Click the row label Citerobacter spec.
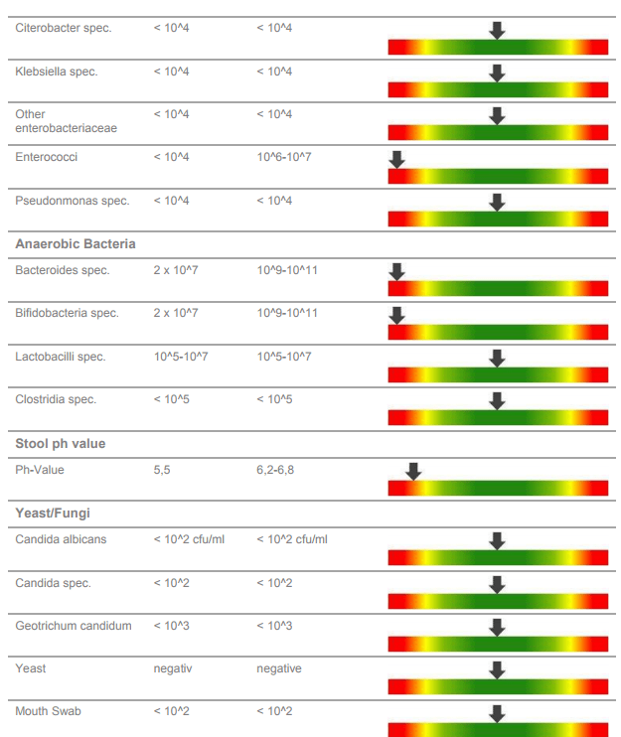(x=63, y=28)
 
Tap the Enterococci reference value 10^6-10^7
(x=283, y=157)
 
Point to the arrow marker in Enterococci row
(x=396, y=159)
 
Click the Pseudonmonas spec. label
(x=72, y=201)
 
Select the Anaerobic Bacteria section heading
(x=76, y=243)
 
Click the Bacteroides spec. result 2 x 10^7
(x=175, y=270)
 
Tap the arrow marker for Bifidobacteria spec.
(x=396, y=315)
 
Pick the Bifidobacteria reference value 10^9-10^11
(x=286, y=313)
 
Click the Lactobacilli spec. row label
(x=60, y=357)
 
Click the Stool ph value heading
(x=60, y=443)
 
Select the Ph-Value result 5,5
(x=162, y=470)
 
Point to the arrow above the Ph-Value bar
(x=413, y=471)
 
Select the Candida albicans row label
(x=61, y=539)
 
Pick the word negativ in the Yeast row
(x=172, y=668)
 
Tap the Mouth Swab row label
(x=48, y=711)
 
